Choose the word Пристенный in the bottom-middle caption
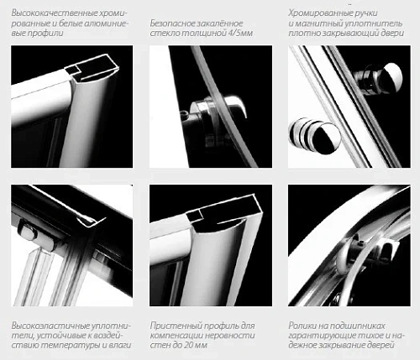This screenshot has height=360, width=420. point(176,326)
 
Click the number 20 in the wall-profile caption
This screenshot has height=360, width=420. point(188,345)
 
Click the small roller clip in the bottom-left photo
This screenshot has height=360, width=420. point(29,231)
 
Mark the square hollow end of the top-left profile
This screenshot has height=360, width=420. point(71,70)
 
